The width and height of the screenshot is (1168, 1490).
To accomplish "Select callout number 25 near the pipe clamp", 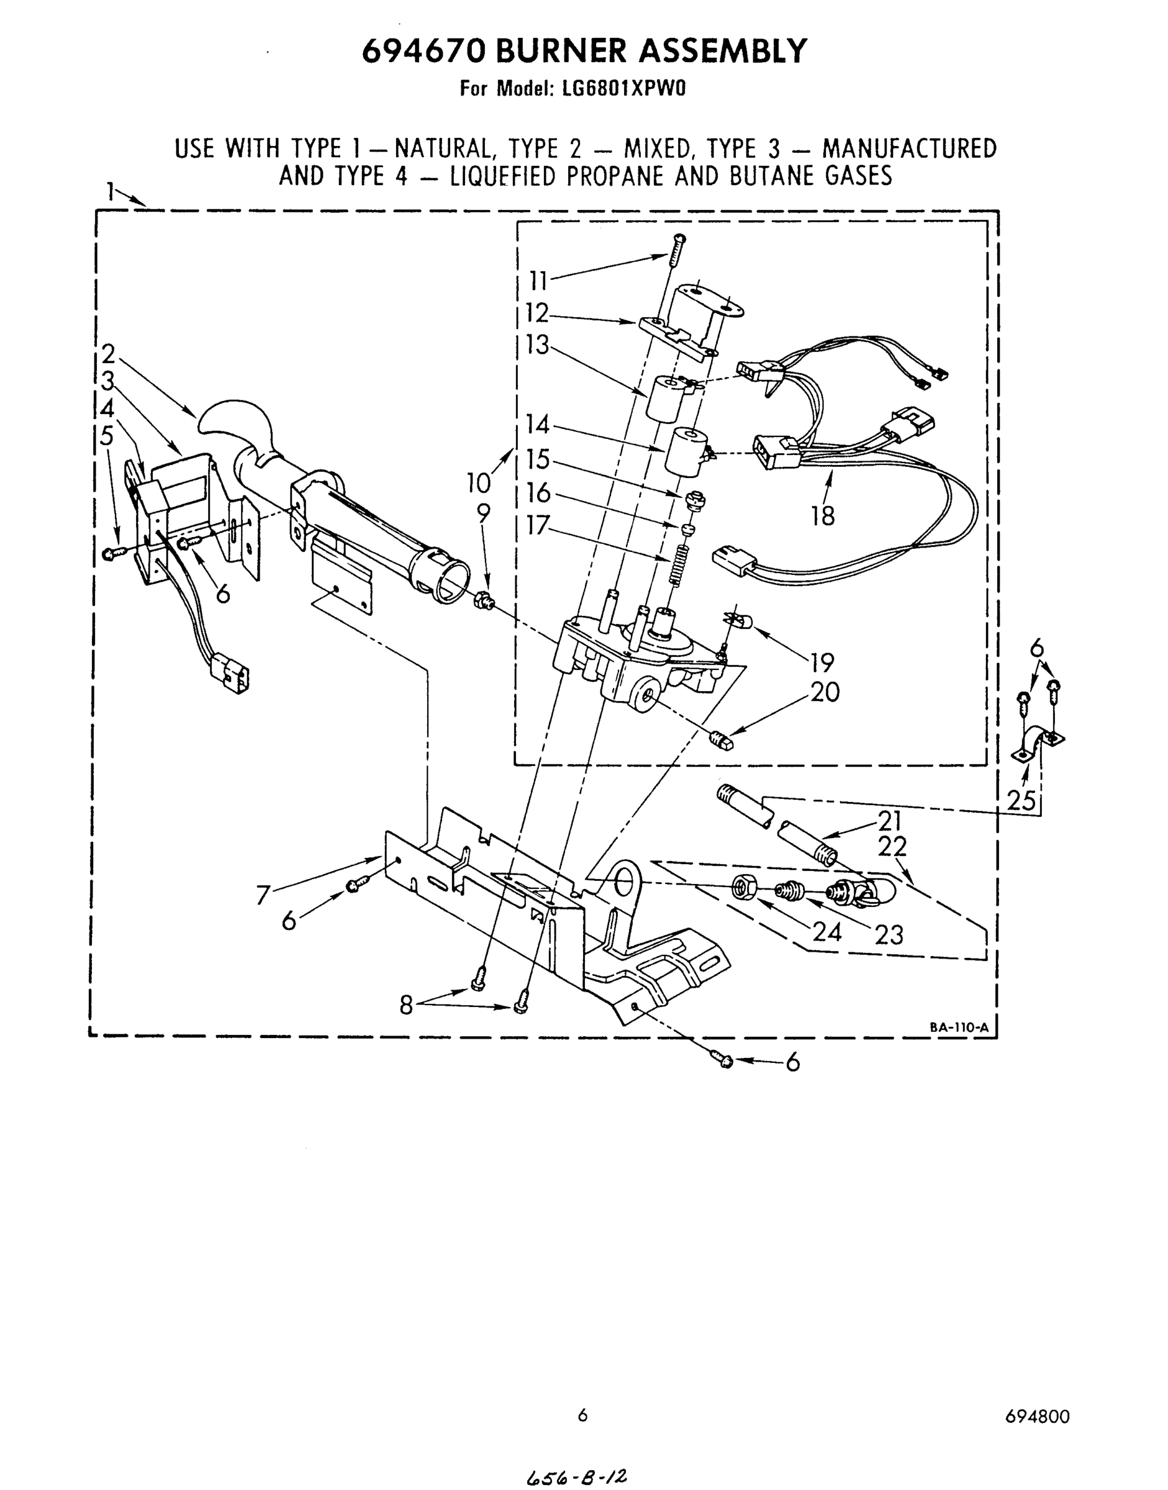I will [x=1021, y=800].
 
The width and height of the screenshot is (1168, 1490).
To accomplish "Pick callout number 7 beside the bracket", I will [x=263, y=895].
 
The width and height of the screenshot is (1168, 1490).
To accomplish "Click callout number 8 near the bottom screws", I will [x=406, y=1005].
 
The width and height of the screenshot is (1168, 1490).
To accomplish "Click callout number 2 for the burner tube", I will [x=109, y=354].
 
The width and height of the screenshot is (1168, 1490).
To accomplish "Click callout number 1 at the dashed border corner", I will [x=109, y=191].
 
